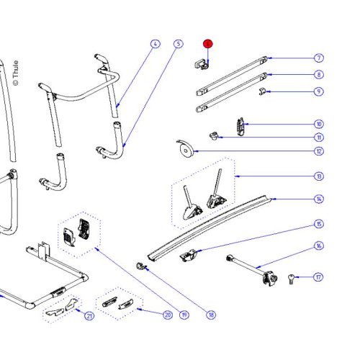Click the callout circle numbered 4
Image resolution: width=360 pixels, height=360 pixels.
[x=154, y=44]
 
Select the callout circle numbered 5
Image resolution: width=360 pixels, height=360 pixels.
[x=178, y=44]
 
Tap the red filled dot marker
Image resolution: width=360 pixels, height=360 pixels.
[x=207, y=44]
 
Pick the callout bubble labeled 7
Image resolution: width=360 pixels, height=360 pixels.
[x=319, y=58]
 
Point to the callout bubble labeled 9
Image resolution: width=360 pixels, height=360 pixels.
[x=319, y=91]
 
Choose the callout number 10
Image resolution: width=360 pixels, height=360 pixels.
[x=319, y=124]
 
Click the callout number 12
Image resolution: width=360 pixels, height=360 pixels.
[x=319, y=151]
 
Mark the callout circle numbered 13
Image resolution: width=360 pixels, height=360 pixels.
[x=319, y=176]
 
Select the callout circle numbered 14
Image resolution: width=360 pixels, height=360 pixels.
[x=319, y=199]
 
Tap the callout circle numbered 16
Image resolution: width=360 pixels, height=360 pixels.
[x=319, y=246]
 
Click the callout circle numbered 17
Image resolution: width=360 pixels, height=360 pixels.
[x=319, y=276]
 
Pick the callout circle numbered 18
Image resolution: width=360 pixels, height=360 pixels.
[x=211, y=314]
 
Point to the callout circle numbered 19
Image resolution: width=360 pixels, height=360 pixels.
[x=184, y=314]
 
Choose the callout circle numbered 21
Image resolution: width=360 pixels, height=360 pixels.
[x=89, y=315]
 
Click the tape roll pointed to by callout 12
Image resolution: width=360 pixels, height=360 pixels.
[x=184, y=150]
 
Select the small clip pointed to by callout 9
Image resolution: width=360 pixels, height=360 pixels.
[x=264, y=91]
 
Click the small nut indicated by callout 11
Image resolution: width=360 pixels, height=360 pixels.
[x=213, y=134]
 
